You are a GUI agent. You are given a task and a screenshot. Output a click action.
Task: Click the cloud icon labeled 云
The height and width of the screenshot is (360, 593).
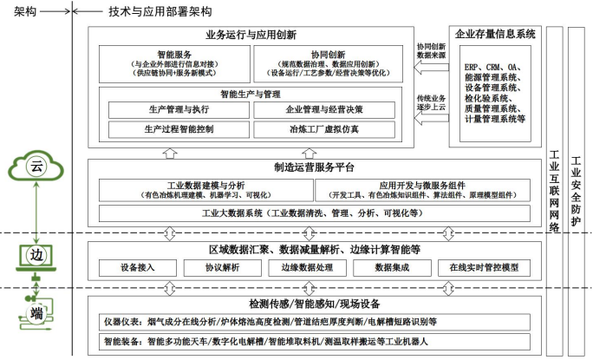tap(36, 165)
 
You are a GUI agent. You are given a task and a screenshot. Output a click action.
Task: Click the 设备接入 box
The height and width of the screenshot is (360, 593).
tap(138, 267)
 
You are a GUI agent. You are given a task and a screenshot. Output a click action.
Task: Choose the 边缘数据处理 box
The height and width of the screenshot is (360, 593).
tap(308, 267)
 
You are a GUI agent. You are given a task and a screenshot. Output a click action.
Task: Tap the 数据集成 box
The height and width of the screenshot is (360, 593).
tap(391, 267)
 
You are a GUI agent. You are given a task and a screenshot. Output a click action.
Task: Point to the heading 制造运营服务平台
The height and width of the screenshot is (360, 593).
tap(312, 167)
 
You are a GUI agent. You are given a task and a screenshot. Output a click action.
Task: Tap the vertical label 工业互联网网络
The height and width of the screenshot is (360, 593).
tap(555, 191)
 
